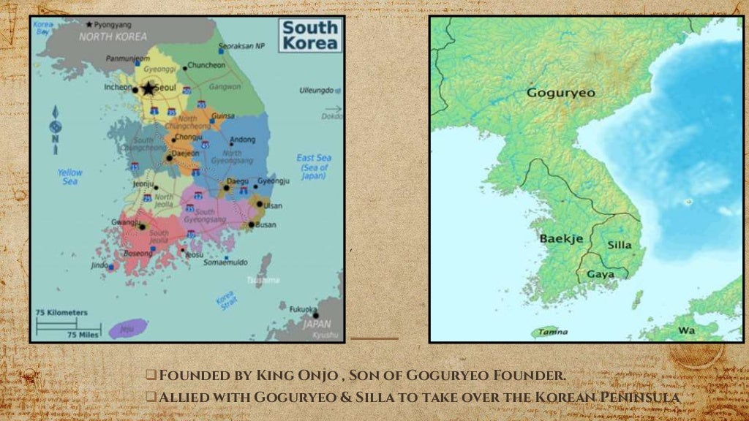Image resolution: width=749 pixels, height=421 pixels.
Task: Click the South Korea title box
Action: click(x=311, y=35)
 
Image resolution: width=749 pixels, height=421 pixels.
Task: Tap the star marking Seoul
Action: click(x=148, y=89)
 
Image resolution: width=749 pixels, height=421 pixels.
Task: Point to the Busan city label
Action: click(x=265, y=225)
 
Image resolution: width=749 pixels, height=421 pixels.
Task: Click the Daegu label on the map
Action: click(x=237, y=181)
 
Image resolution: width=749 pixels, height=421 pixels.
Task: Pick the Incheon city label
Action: click(x=118, y=86)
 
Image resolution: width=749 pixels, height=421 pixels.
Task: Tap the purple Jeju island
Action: click(x=127, y=329)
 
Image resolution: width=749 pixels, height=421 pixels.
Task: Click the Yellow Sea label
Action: click(x=70, y=177)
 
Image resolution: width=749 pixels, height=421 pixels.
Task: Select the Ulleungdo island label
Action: click(x=316, y=91)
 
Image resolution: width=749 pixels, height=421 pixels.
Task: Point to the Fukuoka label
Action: click(x=303, y=309)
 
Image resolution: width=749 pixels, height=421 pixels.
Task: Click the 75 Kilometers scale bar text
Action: click(x=61, y=313)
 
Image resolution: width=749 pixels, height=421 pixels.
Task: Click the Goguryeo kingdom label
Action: click(x=561, y=93)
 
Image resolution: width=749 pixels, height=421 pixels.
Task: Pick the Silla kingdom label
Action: click(x=620, y=246)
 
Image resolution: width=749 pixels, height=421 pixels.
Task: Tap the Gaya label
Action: click(x=601, y=275)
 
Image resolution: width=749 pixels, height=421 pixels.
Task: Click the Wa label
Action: click(x=686, y=330)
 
